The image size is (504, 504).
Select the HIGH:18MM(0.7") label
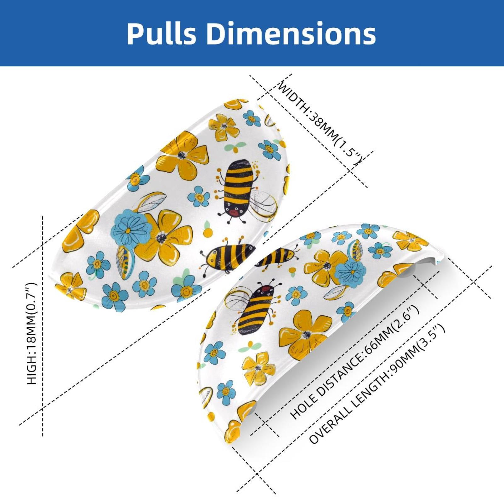(32, 333)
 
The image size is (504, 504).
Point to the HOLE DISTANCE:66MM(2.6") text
(359, 362)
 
